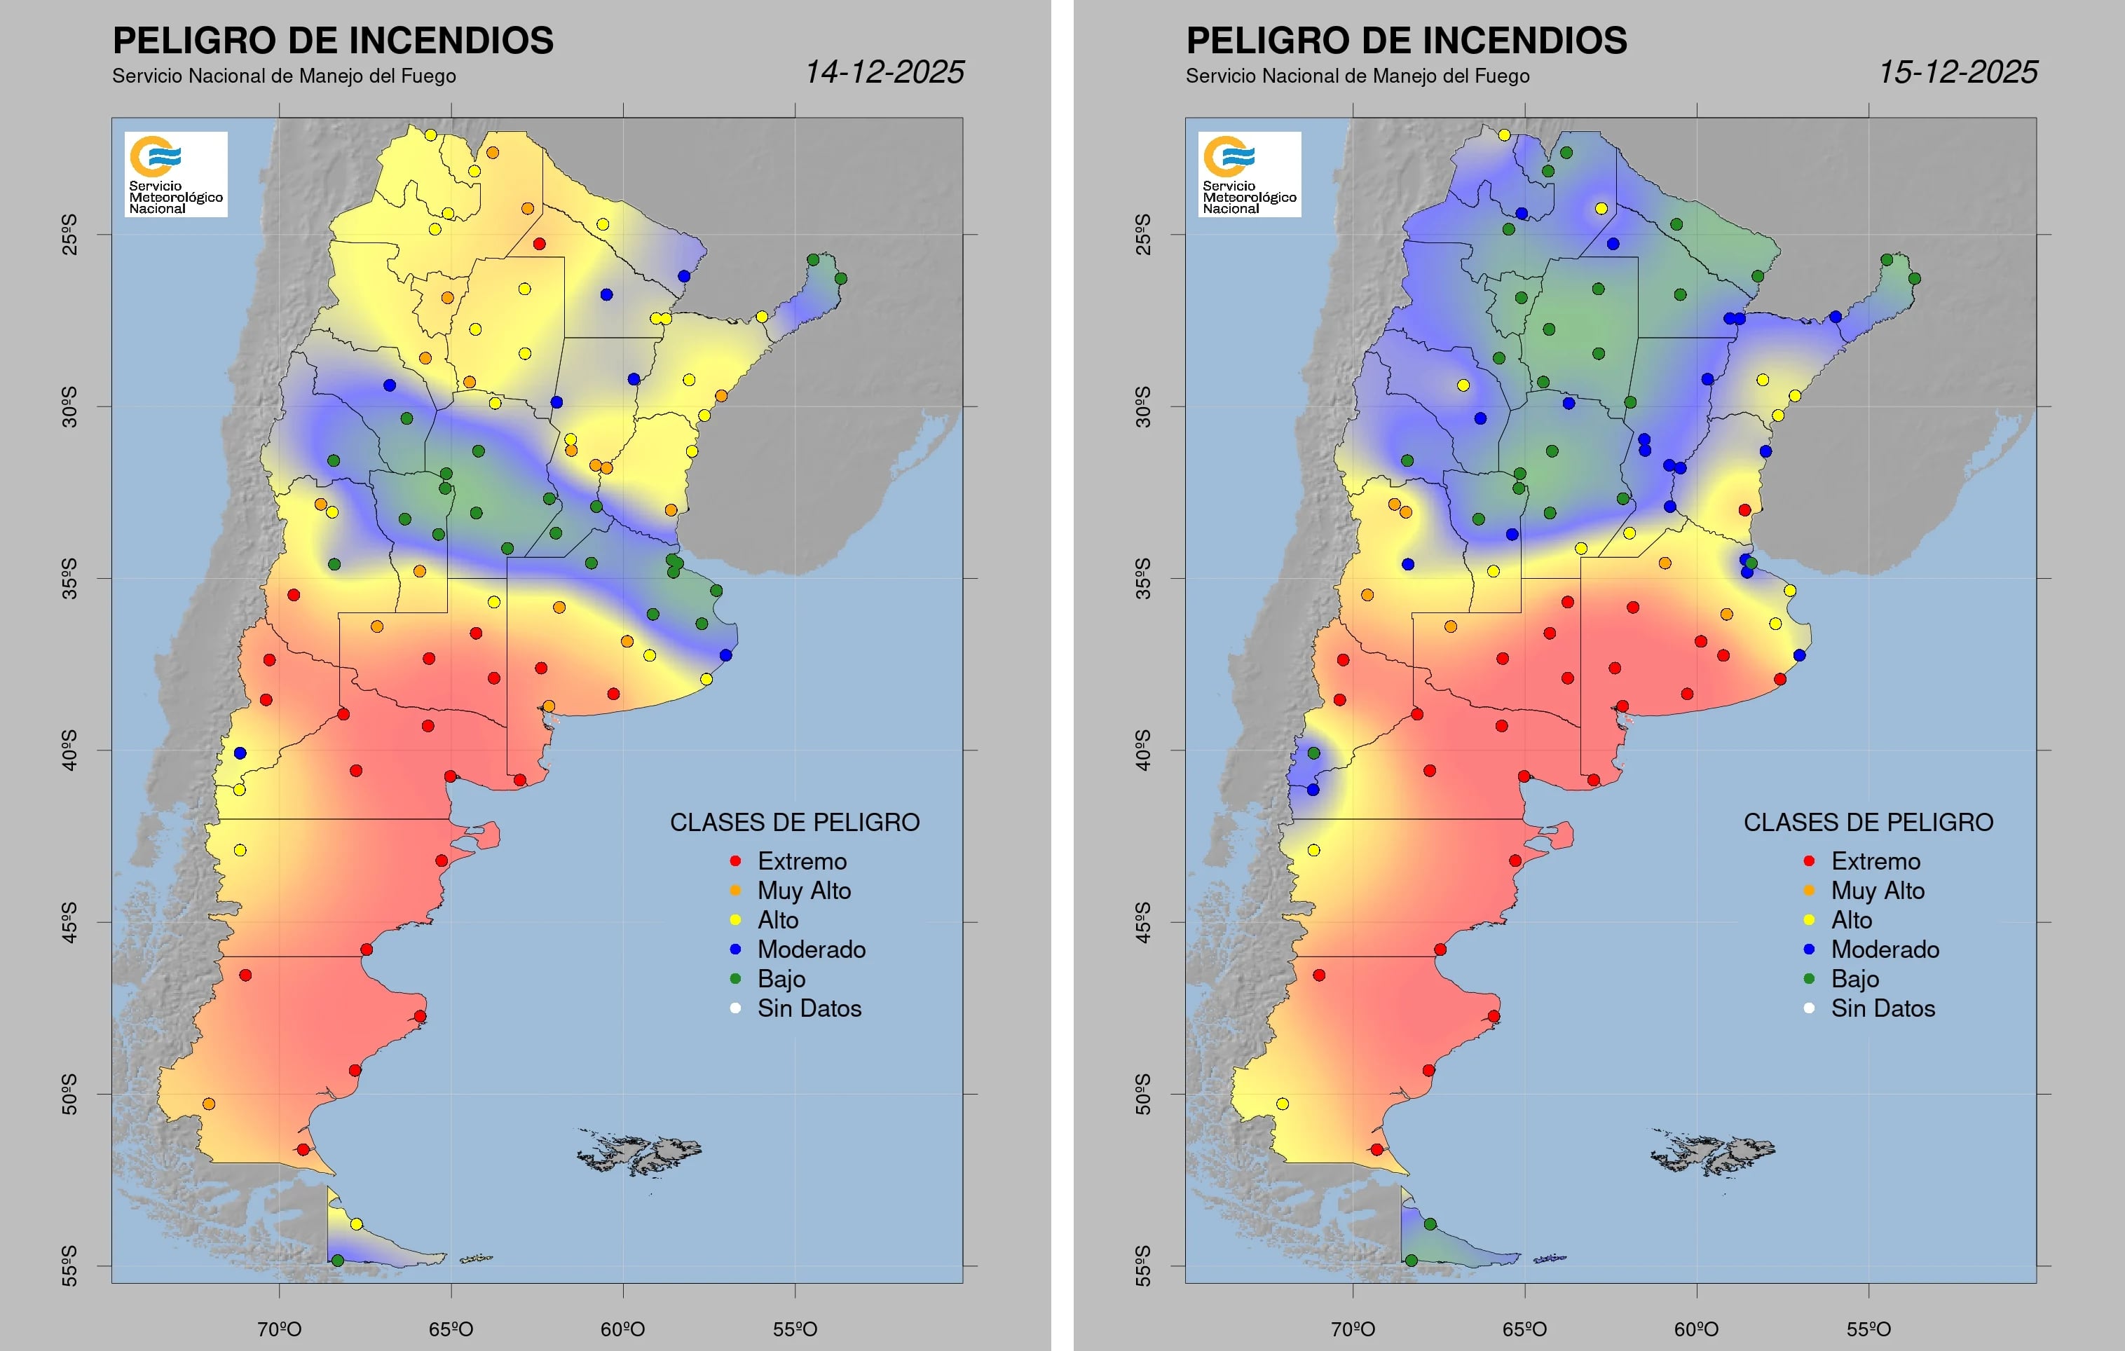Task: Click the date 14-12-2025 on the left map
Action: (x=884, y=71)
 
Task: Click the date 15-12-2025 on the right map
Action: (x=1957, y=71)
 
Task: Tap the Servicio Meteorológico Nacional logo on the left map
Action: (x=176, y=174)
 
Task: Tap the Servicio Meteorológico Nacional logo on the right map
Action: (x=1249, y=174)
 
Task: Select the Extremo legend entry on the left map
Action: (x=800, y=861)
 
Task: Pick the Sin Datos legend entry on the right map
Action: (x=1881, y=1008)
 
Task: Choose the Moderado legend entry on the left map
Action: (x=810, y=949)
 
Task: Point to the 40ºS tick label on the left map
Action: (x=69, y=750)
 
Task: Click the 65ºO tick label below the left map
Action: (x=451, y=1328)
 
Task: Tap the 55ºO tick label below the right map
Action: (x=1868, y=1328)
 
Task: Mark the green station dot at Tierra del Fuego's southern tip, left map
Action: (x=337, y=1260)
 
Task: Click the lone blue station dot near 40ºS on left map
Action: (x=240, y=753)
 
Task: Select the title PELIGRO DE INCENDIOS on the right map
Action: (x=1406, y=41)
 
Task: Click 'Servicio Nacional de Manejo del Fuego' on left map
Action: (x=283, y=76)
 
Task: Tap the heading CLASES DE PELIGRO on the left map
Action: (x=794, y=823)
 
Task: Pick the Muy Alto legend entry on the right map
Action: (x=1877, y=891)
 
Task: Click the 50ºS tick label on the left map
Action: (x=69, y=1095)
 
